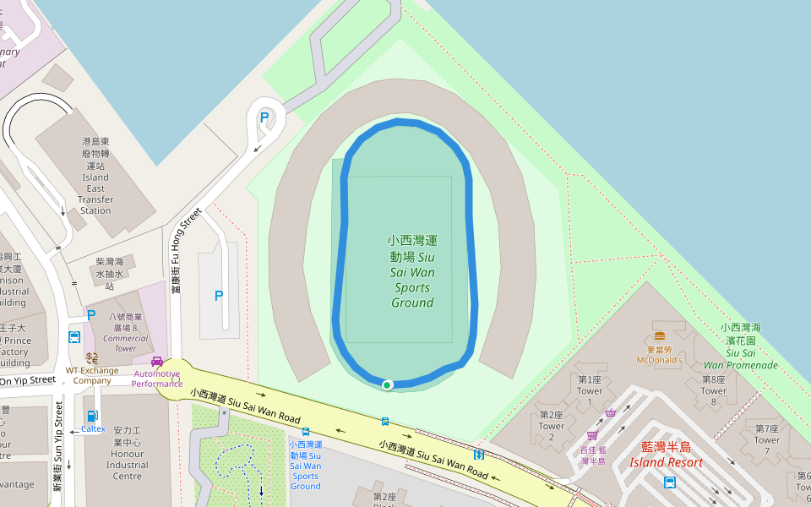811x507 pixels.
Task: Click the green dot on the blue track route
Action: [x=387, y=385]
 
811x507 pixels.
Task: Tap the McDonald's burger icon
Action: [x=659, y=336]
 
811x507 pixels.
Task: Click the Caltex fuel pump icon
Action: [x=92, y=416]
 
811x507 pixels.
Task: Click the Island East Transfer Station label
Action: [x=95, y=177]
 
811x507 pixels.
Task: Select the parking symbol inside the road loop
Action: [x=264, y=118]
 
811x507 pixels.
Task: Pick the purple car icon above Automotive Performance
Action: [x=157, y=362]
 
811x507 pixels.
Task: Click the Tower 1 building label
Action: [x=590, y=385]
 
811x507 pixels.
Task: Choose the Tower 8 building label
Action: [x=714, y=385]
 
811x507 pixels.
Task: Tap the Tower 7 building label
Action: [x=766, y=434]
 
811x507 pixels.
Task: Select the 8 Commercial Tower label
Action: [x=124, y=332]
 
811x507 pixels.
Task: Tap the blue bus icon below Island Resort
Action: [x=670, y=482]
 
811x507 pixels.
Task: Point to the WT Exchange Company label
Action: [x=92, y=375]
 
